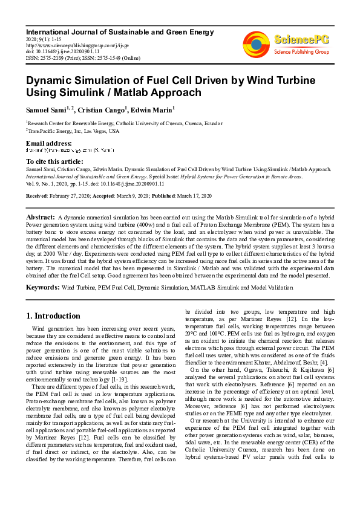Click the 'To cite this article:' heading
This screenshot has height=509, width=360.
tap(54, 161)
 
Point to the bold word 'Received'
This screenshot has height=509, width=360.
tap(37, 196)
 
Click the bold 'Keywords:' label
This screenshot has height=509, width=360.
tap(42, 288)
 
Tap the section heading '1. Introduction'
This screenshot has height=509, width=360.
tap(53, 316)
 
